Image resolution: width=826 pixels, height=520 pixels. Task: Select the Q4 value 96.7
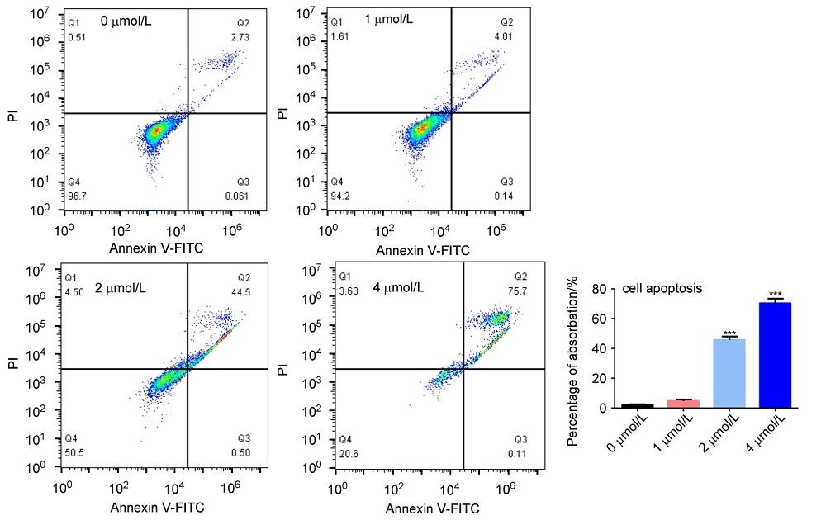coord(78,196)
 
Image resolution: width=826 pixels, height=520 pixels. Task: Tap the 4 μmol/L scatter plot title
coord(396,288)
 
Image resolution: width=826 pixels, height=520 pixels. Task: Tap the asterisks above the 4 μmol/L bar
coord(775,295)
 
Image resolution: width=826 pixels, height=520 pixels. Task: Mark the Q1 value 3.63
coord(349,291)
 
